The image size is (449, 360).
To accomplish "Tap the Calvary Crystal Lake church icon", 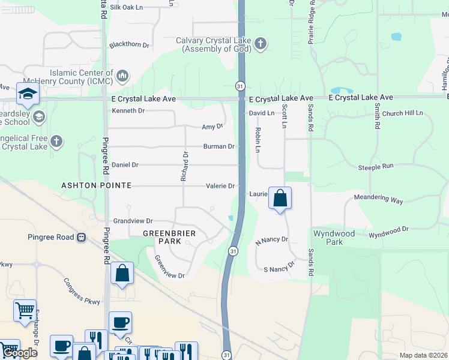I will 260,43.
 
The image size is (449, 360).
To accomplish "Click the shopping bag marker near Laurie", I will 280,199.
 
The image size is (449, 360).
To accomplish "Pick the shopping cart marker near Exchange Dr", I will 25,311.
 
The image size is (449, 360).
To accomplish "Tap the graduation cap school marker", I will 28,94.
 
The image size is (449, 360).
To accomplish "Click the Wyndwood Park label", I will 334,238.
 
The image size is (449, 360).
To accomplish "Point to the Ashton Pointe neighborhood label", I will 96,186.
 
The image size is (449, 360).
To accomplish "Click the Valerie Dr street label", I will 220,186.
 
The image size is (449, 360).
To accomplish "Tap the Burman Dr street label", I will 218,146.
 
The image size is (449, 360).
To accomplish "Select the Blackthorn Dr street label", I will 129,44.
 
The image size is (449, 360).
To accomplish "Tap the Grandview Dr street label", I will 133,221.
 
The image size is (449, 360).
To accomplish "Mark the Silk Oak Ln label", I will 126,7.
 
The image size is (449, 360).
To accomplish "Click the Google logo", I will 19,352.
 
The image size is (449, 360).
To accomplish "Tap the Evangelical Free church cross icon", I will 56,142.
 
